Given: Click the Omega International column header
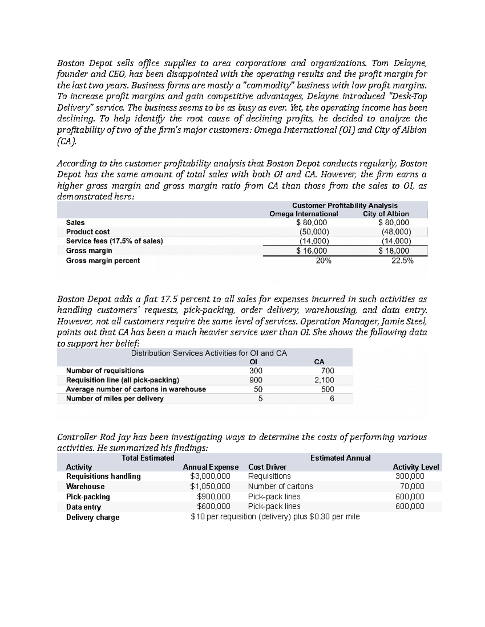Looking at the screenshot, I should (304, 214).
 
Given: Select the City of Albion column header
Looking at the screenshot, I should (386, 214).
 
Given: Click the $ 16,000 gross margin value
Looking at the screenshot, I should (312, 251).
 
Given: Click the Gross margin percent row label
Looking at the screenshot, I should (103, 261).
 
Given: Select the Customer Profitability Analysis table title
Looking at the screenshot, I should (345, 206).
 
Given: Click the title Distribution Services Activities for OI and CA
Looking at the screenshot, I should (209, 353).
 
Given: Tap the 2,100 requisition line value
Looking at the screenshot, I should (324, 380).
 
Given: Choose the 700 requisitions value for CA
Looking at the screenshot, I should (327, 371).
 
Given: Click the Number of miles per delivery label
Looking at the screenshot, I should (115, 398).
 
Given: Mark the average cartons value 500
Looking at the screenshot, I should (327, 389).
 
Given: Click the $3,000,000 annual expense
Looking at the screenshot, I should (210, 476).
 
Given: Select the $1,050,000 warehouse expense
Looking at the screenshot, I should (210, 487).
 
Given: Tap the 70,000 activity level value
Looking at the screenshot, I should (412, 487).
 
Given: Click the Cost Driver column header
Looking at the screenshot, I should (267, 467).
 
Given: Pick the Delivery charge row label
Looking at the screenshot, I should (93, 517).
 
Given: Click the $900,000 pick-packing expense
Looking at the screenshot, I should (213, 497).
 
